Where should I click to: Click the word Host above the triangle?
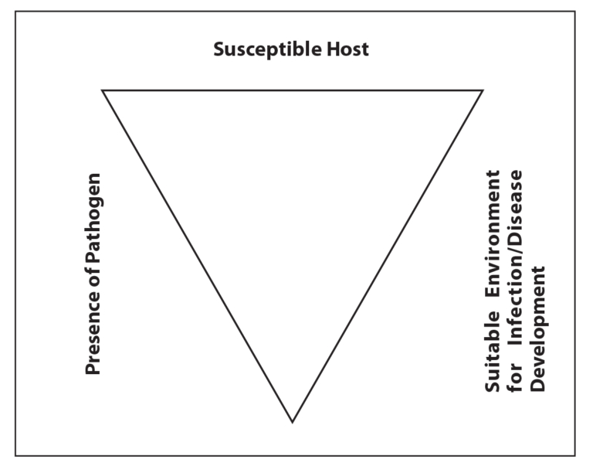(x=350, y=50)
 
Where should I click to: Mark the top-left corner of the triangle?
(x=103, y=90)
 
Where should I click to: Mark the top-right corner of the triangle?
(x=483, y=90)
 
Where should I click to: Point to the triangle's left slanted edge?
(x=197, y=256)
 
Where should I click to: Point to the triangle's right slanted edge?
(x=388, y=256)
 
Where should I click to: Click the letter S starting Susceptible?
(x=219, y=50)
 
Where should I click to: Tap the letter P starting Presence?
(x=93, y=369)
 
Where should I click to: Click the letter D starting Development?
(x=537, y=386)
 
